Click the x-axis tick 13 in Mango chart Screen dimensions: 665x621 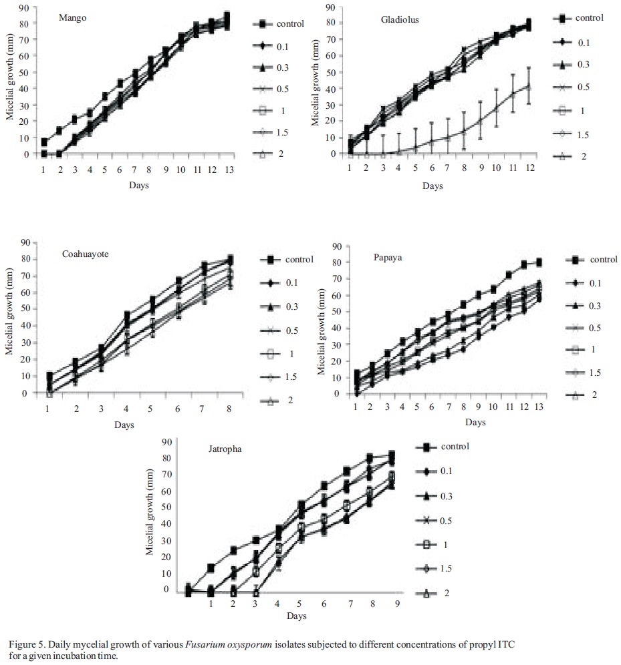click(227, 170)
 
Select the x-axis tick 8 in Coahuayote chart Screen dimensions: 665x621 click(230, 409)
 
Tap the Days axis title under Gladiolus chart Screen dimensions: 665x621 click(432, 186)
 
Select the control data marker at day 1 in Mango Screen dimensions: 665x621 click(44, 142)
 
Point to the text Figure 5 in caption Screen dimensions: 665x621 click(27, 642)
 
